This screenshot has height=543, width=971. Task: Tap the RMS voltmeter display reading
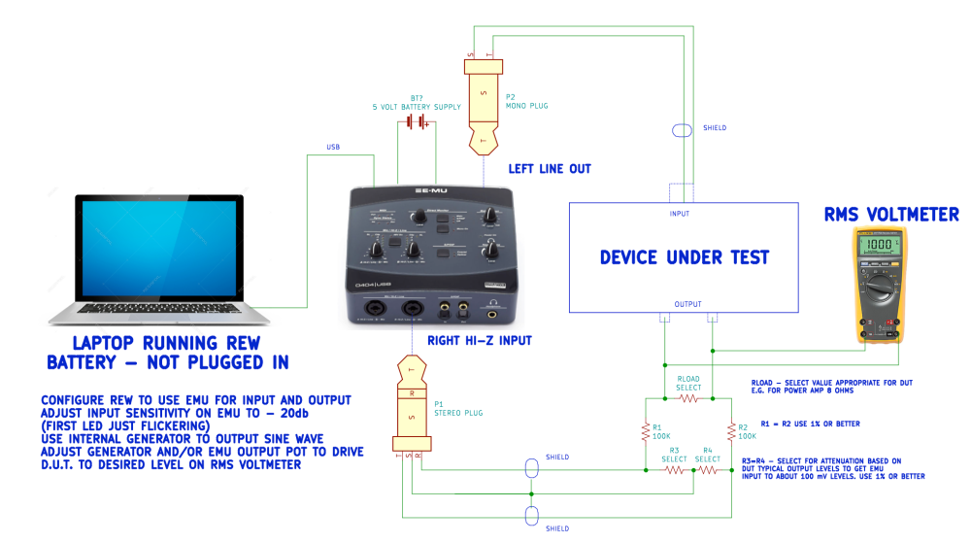click(880, 246)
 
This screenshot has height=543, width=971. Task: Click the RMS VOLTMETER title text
click(891, 215)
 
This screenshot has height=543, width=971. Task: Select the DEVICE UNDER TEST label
click(684, 257)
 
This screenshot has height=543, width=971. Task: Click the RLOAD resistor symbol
click(688, 398)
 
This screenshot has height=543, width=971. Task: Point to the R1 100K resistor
click(645, 430)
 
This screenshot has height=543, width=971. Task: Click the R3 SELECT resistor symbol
click(674, 468)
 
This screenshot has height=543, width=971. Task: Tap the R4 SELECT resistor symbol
click(709, 468)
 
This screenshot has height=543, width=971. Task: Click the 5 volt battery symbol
click(418, 121)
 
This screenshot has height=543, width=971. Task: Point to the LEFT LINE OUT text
click(550, 168)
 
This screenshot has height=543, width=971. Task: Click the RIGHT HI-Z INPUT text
click(479, 340)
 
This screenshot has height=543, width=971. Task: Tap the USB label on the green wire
click(333, 148)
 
